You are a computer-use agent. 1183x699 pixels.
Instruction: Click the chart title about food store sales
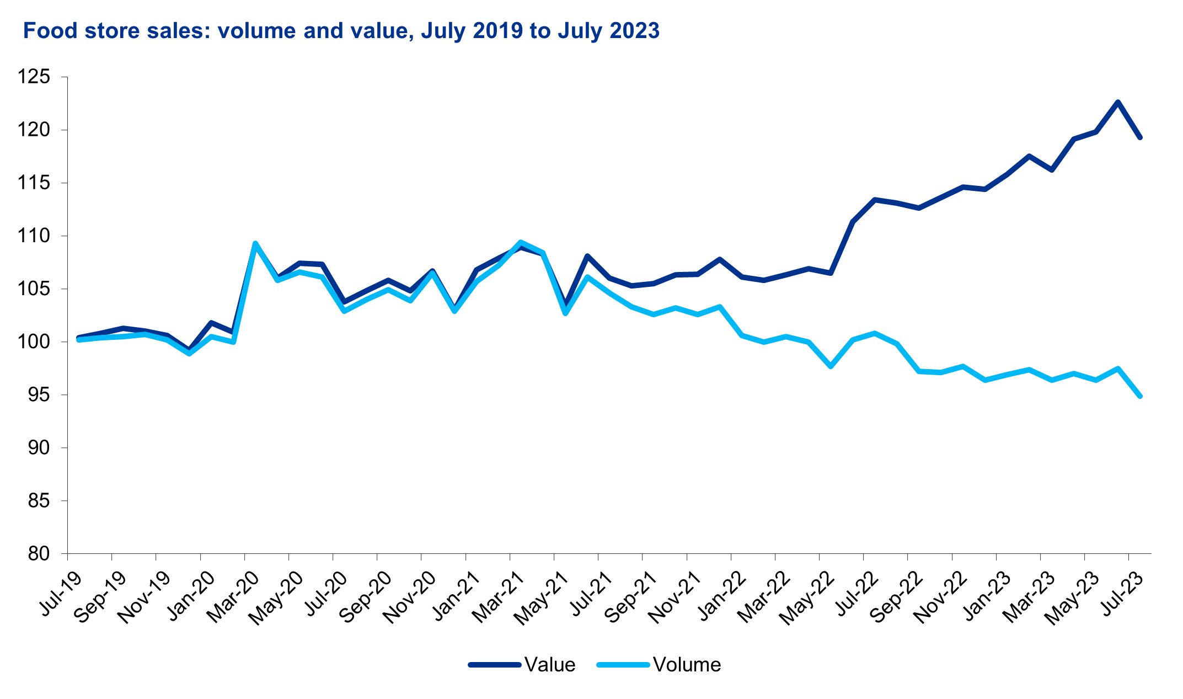341,31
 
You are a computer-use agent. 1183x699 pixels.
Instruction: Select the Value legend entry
549,665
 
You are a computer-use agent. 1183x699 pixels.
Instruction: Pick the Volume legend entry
687,665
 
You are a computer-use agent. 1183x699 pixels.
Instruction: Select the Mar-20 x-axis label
235,596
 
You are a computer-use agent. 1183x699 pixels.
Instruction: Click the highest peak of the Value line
1118,102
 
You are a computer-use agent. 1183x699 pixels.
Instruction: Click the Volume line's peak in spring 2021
521,242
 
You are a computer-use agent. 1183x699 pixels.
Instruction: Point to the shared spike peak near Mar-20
255,243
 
